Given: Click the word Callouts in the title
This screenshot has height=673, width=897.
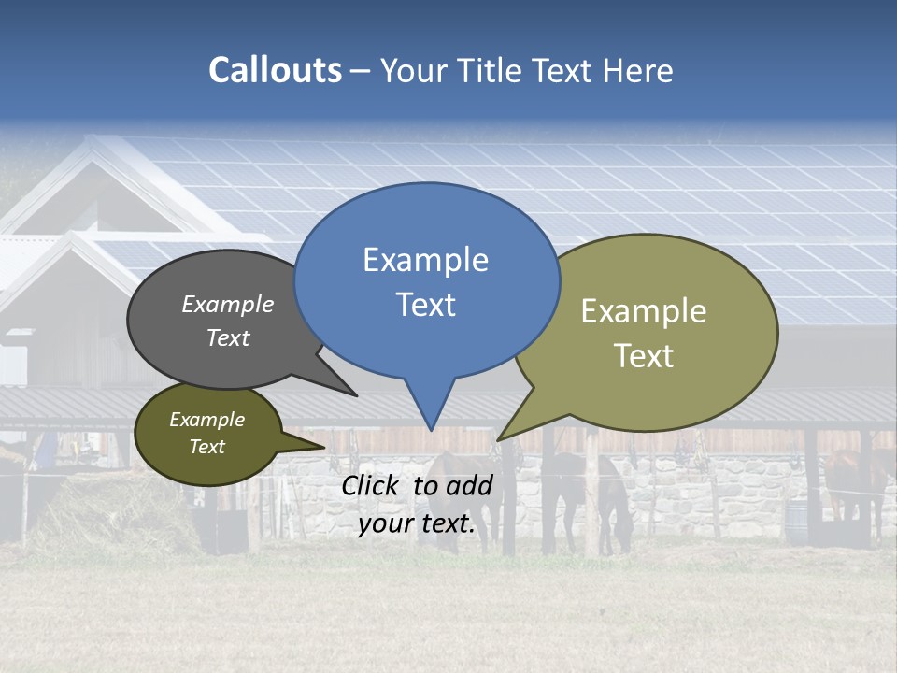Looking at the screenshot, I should (275, 70).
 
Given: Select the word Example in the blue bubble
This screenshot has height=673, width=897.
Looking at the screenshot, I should (425, 260).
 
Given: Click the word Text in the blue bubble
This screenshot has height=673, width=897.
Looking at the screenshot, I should (425, 305).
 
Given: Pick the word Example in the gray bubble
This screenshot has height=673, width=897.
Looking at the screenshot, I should (228, 304).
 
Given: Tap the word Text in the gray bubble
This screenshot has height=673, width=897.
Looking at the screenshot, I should (228, 337).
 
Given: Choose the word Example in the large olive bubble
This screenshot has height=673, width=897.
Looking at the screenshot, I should (644, 310).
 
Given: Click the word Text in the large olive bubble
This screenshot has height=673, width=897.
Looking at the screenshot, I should (644, 355).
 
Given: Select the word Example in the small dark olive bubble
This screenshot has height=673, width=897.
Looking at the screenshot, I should (206, 420).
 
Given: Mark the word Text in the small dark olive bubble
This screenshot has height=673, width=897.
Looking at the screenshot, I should (206, 447).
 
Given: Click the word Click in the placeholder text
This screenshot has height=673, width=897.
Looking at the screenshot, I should (372, 485).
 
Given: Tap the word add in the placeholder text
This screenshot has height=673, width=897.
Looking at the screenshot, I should (470, 485).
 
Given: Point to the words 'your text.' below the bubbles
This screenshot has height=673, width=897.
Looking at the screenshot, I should (417, 524).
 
